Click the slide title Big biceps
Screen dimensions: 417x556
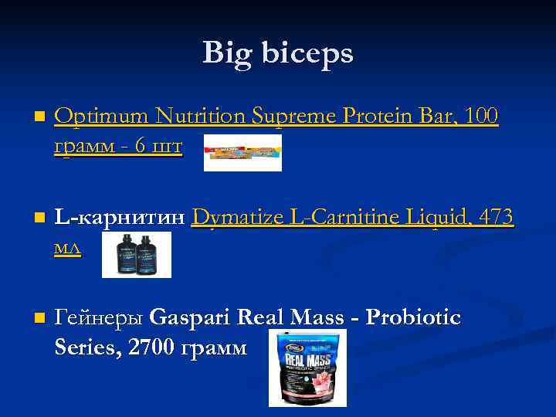[x=277, y=53]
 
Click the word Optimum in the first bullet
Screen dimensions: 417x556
[x=102, y=117]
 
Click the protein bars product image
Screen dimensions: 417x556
[x=242, y=152]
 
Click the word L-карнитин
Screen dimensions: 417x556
[x=120, y=219]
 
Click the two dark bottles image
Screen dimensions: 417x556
[x=137, y=255]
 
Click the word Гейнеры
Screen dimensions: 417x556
[x=99, y=317]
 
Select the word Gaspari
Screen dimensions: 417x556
[x=192, y=317]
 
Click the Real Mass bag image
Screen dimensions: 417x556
[x=307, y=368]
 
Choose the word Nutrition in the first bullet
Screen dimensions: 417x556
[x=201, y=117]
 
